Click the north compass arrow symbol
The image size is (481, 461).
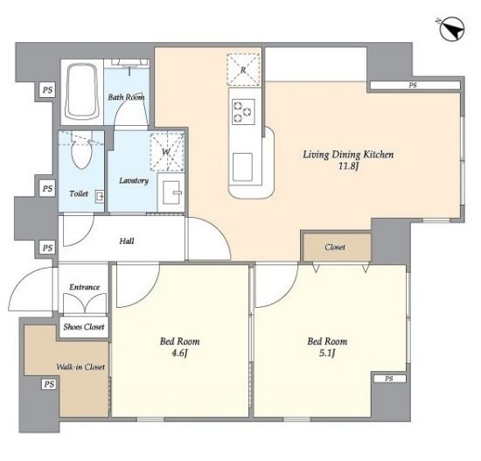pyautogui.click(x=453, y=30)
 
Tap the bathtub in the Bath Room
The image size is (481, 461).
pyautogui.click(x=81, y=92)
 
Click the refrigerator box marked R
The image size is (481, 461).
pyautogui.click(x=243, y=69)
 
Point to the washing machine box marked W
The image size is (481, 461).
pyautogui.click(x=167, y=151)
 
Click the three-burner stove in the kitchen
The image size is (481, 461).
pyautogui.click(x=243, y=111)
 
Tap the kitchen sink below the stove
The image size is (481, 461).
pyautogui.click(x=242, y=167)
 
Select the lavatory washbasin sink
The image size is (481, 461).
pyautogui.click(x=171, y=192)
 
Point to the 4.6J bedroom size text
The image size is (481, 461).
pyautogui.click(x=179, y=353)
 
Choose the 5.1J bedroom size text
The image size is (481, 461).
pyautogui.click(x=327, y=353)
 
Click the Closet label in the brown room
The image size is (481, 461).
pyautogui.click(x=335, y=247)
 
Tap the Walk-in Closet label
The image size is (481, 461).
pyautogui.click(x=80, y=367)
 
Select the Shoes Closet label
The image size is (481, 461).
pyautogui.click(x=84, y=327)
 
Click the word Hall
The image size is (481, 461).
pyautogui.click(x=127, y=241)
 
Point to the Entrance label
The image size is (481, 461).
pyautogui.click(x=84, y=287)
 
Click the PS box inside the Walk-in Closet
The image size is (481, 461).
pyautogui.click(x=49, y=384)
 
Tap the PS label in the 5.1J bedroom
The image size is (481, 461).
pyautogui.click(x=388, y=379)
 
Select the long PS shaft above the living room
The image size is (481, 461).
pyautogui.click(x=415, y=86)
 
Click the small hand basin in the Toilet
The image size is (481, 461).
pyautogui.click(x=99, y=196)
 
